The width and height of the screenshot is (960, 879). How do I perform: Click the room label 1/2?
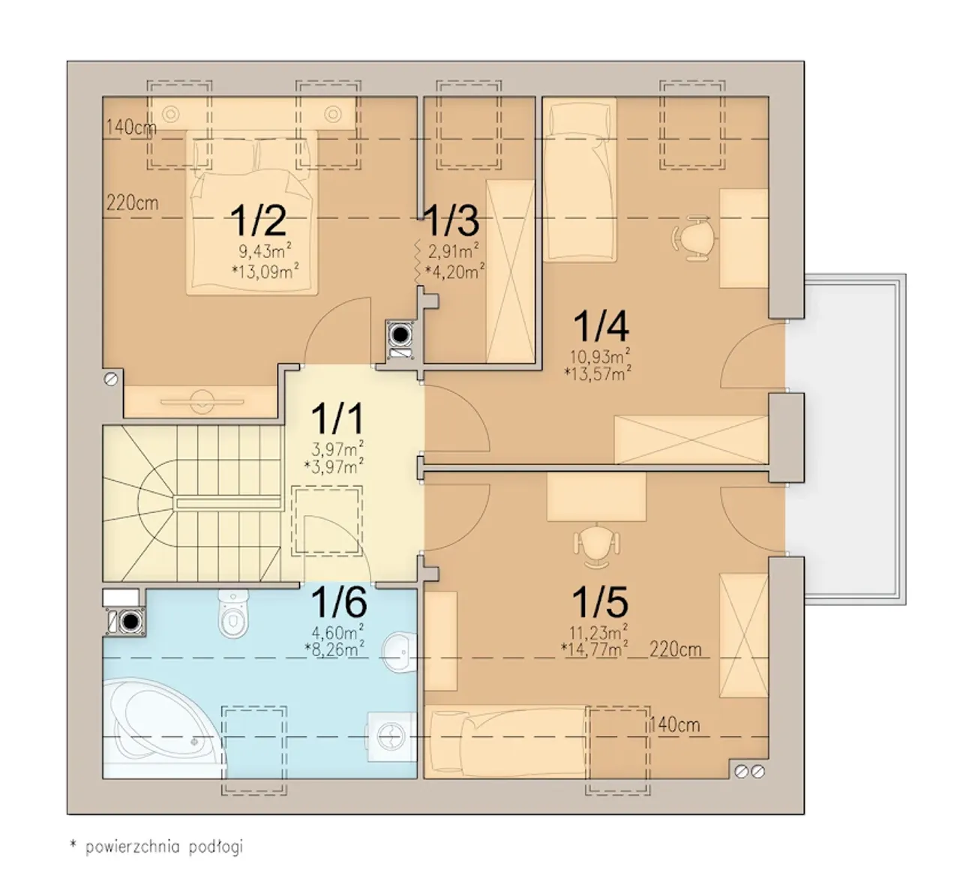pyautogui.click(x=258, y=220)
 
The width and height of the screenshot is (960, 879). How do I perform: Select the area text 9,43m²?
pyautogui.click(x=265, y=250)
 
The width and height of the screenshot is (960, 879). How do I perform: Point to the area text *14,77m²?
pyautogui.click(x=594, y=649)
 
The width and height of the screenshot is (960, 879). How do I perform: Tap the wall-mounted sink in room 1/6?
pyautogui.click(x=400, y=652)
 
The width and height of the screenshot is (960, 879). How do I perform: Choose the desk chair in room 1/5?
pyautogui.click(x=596, y=546)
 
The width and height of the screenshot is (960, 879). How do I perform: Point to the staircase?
pyautogui.click(x=193, y=503)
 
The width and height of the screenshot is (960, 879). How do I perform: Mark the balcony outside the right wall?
pyautogui.click(x=855, y=438)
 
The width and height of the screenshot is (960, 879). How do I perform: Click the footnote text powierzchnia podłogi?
pyautogui.click(x=164, y=847)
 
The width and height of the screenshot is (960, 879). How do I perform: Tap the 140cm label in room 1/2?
pyautogui.click(x=130, y=127)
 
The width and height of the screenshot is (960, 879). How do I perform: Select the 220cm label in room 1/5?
pyautogui.click(x=675, y=649)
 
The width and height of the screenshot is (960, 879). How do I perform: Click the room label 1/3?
pyautogui.click(x=451, y=220)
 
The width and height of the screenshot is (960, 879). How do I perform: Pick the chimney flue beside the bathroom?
pyautogui.click(x=129, y=622)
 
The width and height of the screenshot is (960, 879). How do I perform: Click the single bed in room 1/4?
pyautogui.click(x=580, y=180)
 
